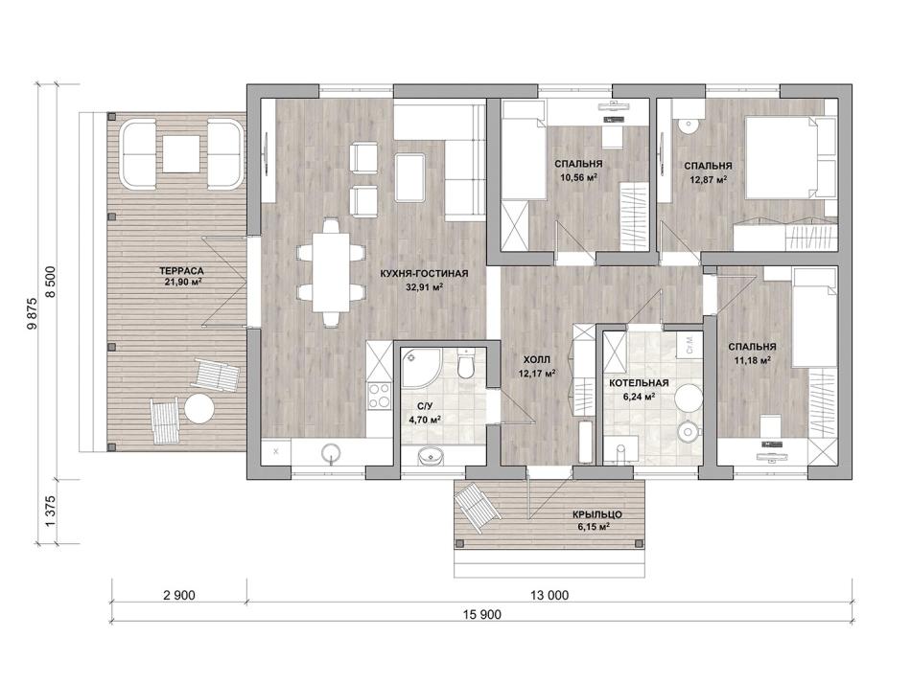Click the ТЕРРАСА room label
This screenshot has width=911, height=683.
coord(182,270)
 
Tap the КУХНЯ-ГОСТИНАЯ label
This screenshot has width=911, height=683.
coord(424,274)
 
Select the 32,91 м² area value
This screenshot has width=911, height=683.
coord(425,286)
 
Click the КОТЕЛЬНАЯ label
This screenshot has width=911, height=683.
coord(639,383)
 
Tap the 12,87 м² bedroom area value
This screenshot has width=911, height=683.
coord(708,179)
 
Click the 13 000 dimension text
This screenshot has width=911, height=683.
coord(549,595)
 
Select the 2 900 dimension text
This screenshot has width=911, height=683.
coord(179,595)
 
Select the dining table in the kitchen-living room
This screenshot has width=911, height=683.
coord(330,272)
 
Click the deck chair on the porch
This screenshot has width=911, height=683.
coord(478,508)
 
